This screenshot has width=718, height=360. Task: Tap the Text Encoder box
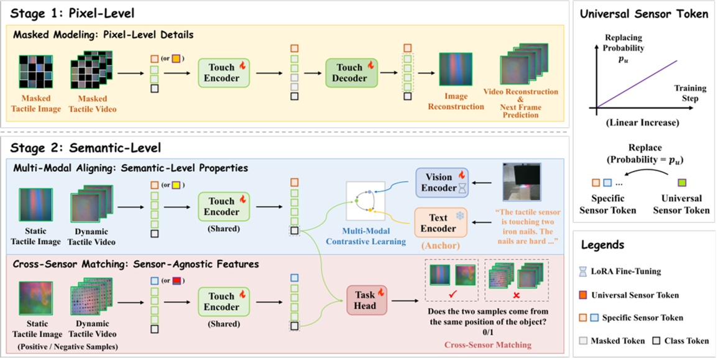pyautogui.click(x=440, y=223)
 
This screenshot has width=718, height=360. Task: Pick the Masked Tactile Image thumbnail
pyautogui.click(x=35, y=73)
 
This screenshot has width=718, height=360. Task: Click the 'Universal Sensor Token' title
pyautogui.click(x=643, y=14)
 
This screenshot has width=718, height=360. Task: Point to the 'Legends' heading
pyautogui.click(x=604, y=245)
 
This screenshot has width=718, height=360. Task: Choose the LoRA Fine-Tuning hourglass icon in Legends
pyautogui.click(x=582, y=271)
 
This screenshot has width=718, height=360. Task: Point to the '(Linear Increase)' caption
pyautogui.click(x=642, y=123)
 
